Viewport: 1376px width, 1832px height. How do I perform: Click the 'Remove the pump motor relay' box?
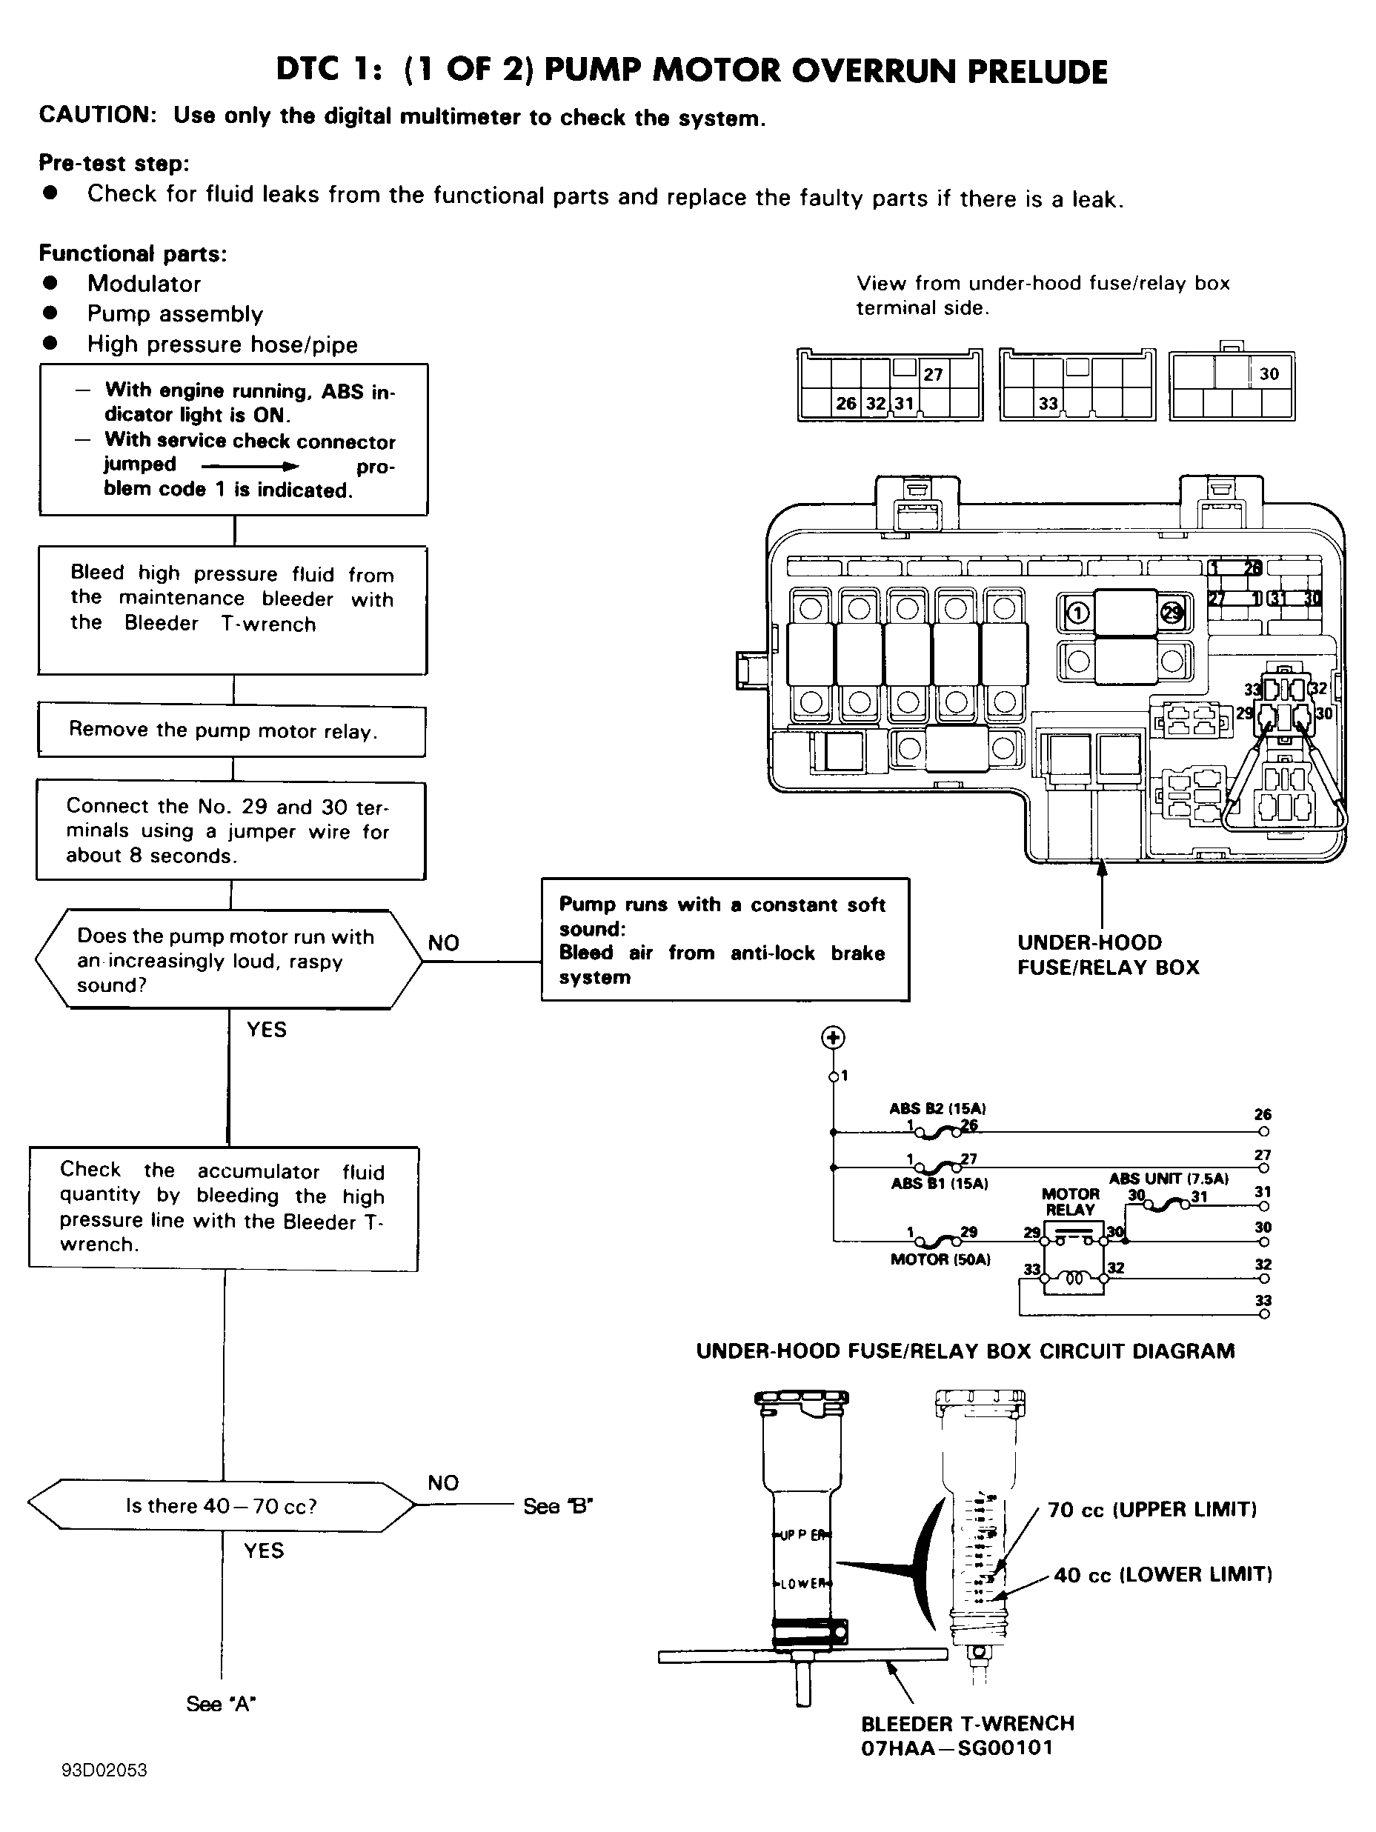232,730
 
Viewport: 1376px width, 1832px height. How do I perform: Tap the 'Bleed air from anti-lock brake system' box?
725,939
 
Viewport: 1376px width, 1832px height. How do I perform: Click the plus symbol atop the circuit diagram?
833,1038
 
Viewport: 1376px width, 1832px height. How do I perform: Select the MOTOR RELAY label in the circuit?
1070,1201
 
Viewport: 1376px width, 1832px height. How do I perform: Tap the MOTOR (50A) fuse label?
940,1259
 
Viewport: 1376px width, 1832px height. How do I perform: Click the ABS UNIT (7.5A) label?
1169,1179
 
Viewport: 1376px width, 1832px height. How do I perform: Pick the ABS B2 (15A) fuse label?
938,1108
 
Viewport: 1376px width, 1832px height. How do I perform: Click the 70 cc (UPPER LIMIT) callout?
1152,1509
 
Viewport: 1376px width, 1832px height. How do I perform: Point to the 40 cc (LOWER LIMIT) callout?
1163,1574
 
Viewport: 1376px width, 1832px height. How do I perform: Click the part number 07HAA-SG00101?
957,1748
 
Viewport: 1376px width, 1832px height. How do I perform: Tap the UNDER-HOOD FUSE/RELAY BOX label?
1109,954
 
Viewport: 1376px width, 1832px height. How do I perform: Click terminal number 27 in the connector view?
934,374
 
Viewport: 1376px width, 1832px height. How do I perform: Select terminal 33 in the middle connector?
1048,403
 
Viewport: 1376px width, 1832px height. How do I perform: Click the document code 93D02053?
104,1770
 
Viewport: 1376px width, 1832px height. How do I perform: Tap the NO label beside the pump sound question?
443,942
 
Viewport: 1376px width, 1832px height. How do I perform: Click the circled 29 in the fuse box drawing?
1171,613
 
